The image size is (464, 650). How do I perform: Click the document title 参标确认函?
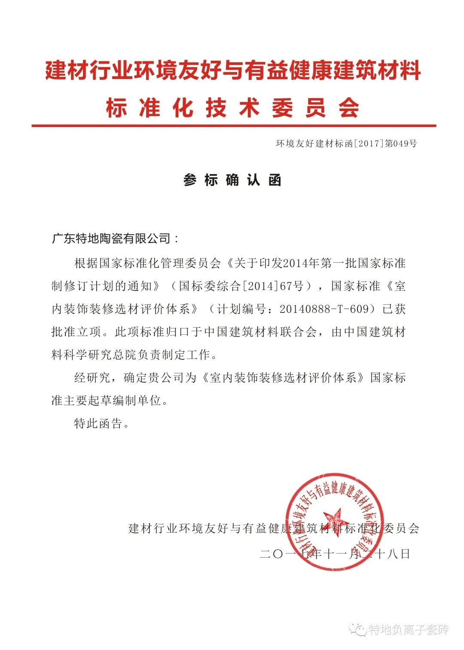(x=232, y=180)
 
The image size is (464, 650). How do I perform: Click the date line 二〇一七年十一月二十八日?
(x=335, y=554)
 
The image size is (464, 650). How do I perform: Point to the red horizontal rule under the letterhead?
(x=234, y=126)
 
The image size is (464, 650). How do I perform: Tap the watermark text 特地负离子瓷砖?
(x=409, y=630)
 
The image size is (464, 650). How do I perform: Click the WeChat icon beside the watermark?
(x=358, y=630)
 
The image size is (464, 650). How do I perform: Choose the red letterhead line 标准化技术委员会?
(x=232, y=107)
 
